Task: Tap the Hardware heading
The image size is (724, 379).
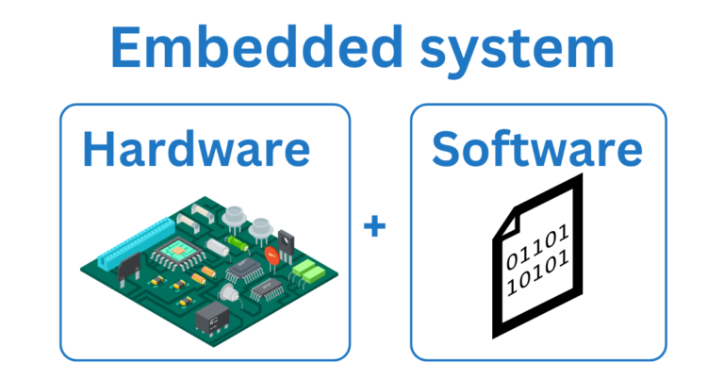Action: click(195, 150)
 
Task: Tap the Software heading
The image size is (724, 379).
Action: click(537, 150)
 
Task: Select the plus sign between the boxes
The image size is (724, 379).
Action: click(375, 227)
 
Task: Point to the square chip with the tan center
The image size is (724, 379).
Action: click(175, 251)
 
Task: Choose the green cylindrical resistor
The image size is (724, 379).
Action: click(239, 242)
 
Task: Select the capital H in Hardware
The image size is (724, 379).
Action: click(101, 150)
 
